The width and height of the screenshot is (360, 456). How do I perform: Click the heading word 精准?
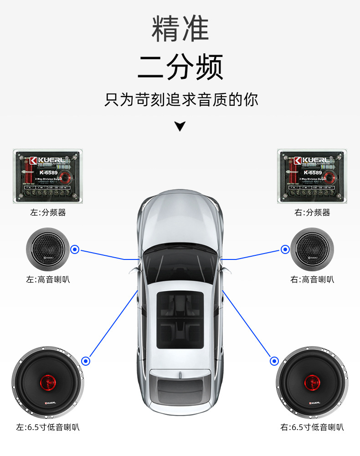pos(180,28)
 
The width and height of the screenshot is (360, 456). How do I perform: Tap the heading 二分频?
pos(180,67)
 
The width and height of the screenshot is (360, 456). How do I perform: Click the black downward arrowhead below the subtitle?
pos(180,126)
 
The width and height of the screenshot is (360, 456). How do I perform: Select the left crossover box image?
pos(48,176)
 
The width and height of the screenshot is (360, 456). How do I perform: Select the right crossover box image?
pos(312,176)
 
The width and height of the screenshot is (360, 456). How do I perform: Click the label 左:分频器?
pos(48,212)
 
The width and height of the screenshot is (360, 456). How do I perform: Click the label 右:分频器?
pos(312,212)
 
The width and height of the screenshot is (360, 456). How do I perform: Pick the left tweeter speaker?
pos(47,249)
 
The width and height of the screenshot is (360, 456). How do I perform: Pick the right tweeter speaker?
pos(312,249)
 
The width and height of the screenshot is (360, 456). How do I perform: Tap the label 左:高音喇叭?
pos(48,279)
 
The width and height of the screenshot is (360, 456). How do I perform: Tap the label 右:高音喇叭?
pos(312,279)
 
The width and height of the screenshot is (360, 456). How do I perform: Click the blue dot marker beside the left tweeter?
pos(75,249)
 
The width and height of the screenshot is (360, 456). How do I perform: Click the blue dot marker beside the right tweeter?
pos(285,249)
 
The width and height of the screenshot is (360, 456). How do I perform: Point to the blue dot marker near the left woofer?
pos(86,361)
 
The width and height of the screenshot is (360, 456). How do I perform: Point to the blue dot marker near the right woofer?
pos(274,361)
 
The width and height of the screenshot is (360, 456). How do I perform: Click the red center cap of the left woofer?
pos(47,381)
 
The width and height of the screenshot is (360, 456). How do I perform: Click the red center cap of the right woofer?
pos(312,381)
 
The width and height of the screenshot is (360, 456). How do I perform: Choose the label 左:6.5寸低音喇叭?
pos(48,427)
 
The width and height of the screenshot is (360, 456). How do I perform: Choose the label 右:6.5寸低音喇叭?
pos(312,427)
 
